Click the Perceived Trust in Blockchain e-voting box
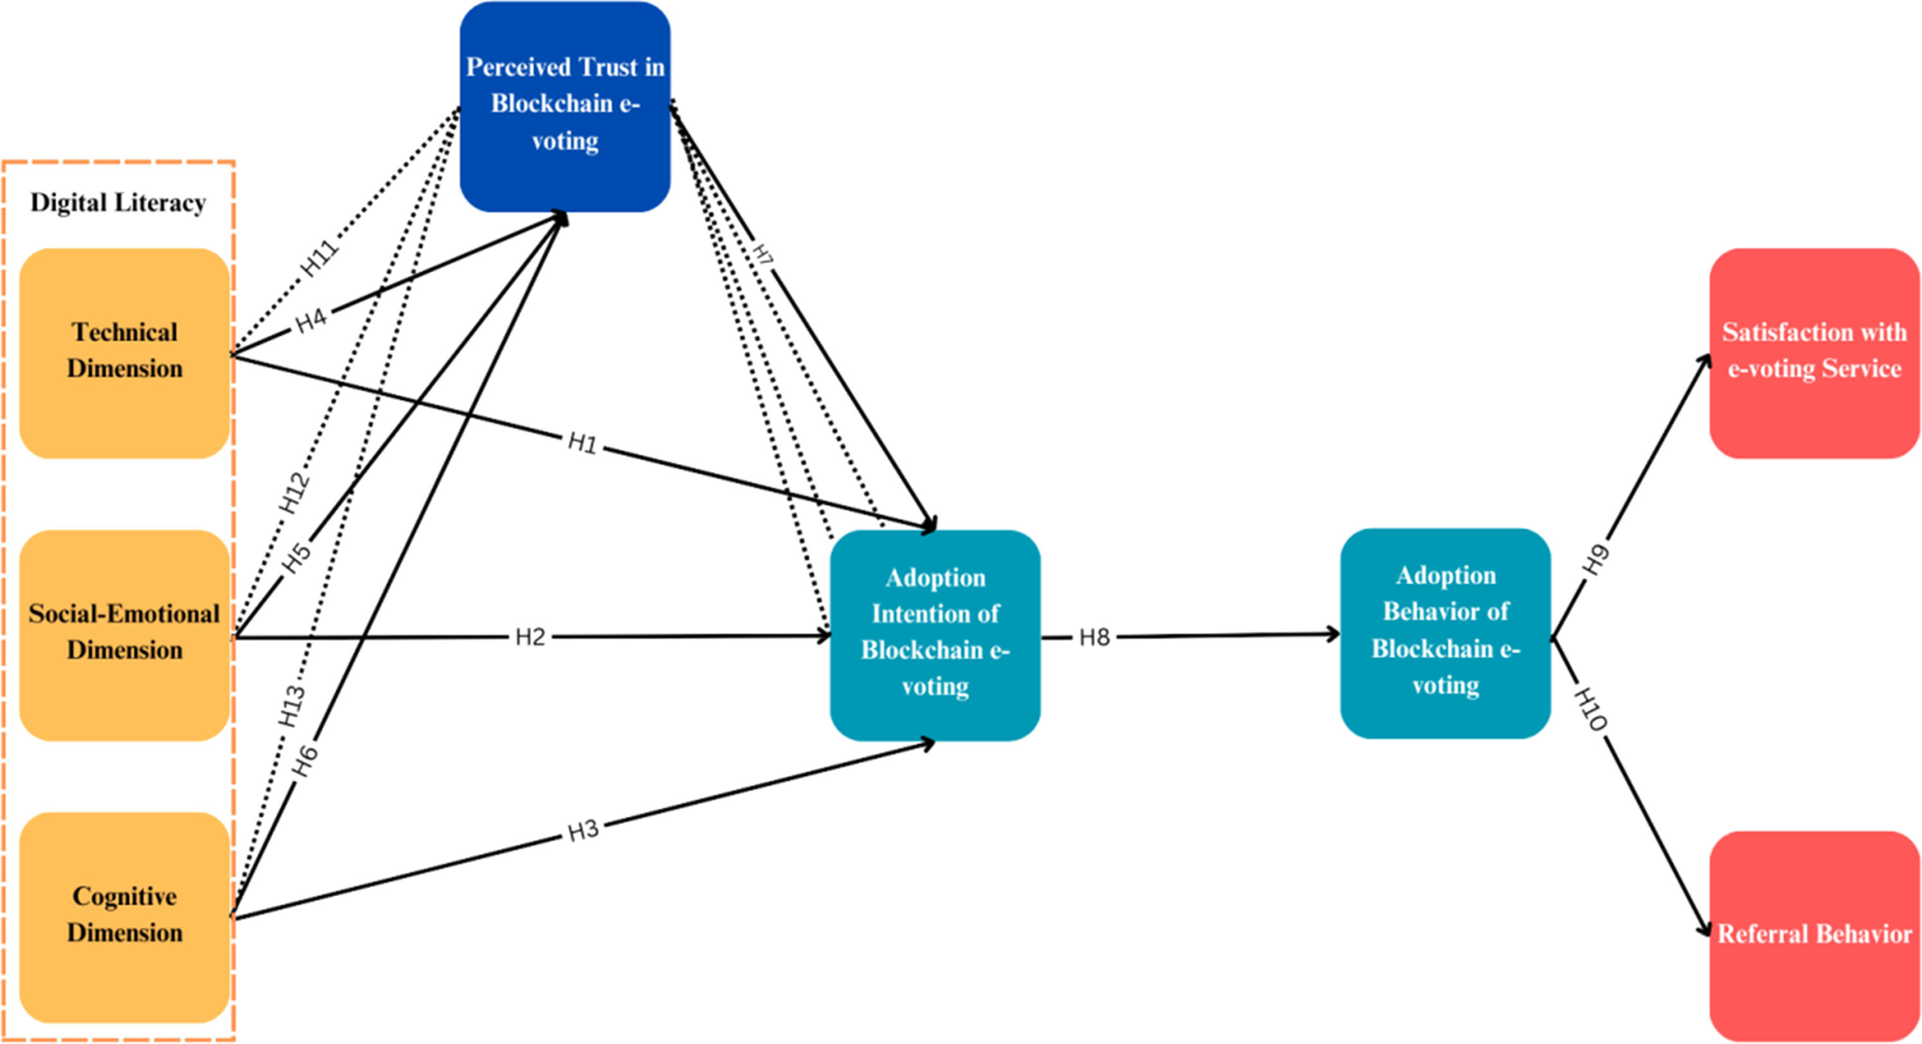[565, 107]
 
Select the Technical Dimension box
[125, 353]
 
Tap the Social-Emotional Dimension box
[125, 635]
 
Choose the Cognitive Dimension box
[125, 917]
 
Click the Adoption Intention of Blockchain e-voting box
[935, 635]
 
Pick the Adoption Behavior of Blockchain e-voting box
[1445, 634]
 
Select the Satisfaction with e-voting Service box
[1815, 353]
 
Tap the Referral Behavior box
[1815, 937]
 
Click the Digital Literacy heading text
[118, 203]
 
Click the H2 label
[530, 637]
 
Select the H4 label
[312, 320]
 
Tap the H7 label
[763, 255]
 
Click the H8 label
[1095, 637]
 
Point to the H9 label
[1596, 561]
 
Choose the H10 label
[1590, 709]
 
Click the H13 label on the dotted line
[292, 706]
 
